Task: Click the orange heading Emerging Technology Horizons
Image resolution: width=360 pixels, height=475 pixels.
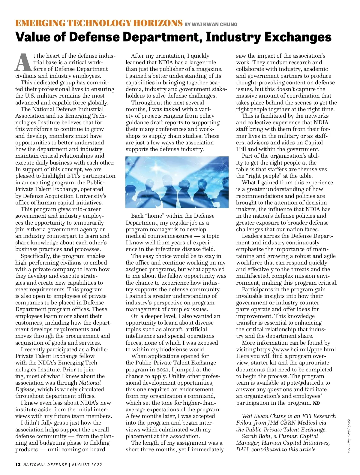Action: [99, 23]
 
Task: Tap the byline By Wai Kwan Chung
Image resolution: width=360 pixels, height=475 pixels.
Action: [211, 24]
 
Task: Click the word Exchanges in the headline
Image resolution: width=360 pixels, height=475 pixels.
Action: [298, 37]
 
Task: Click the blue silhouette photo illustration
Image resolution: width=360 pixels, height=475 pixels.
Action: [177, 182]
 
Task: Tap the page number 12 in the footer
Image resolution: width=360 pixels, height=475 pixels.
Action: [18, 464]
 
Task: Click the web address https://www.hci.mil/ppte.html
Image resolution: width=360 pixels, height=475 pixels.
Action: [297, 349]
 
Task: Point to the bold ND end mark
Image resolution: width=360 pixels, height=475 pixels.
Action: [316, 403]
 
